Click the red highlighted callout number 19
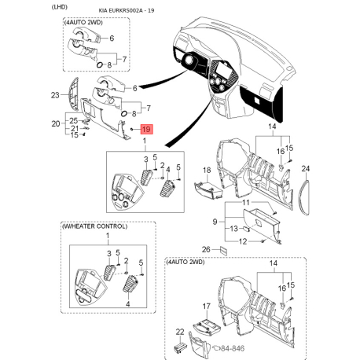pyautogui.click(x=146, y=129)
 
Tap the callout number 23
pyautogui.click(x=55, y=95)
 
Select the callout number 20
pyautogui.click(x=56, y=123)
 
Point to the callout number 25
pyautogui.click(x=73, y=120)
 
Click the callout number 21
pyautogui.click(x=75, y=128)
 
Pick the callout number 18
pyautogui.click(x=207, y=170)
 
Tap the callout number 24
pyautogui.click(x=306, y=169)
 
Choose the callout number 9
pyautogui.click(x=215, y=222)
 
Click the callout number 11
pyautogui.click(x=246, y=203)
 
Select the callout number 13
pyautogui.click(x=234, y=229)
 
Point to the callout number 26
pyautogui.click(x=206, y=249)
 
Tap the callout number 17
pyautogui.click(x=207, y=306)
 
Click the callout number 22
pyautogui.click(x=180, y=332)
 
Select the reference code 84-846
pyautogui.click(x=233, y=348)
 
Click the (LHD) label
pyautogui.click(x=60, y=7)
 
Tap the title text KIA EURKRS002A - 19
pyautogui.click(x=127, y=10)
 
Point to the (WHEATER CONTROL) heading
pyautogui.click(x=94, y=226)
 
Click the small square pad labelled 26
pyautogui.click(x=223, y=251)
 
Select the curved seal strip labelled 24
pyautogui.click(x=306, y=197)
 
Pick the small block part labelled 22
pyautogui.click(x=180, y=346)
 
